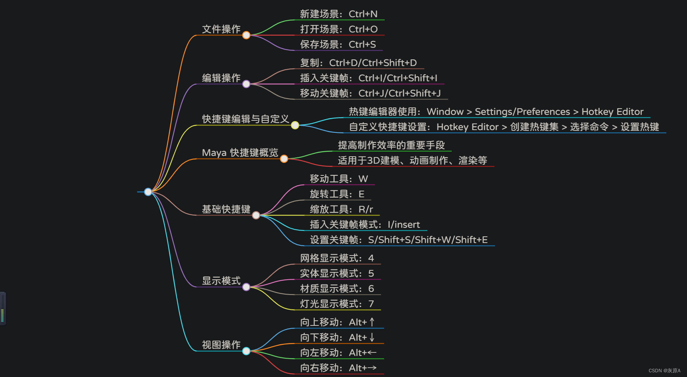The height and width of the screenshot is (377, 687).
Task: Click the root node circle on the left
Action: click(148, 192)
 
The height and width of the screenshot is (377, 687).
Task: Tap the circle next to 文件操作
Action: click(246, 35)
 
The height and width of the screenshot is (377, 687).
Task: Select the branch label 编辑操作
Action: click(221, 78)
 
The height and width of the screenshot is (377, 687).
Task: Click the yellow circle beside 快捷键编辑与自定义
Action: click(295, 125)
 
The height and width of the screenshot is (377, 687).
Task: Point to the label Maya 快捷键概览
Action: click(240, 152)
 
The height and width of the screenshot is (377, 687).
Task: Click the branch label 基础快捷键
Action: click(226, 209)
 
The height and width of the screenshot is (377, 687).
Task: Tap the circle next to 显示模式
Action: click(246, 287)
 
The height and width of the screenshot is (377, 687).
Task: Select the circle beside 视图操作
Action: click(246, 351)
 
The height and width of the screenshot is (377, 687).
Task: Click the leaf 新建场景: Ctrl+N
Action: click(339, 14)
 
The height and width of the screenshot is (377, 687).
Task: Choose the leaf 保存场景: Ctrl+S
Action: click(338, 45)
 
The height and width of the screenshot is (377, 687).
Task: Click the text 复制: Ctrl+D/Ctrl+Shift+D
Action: click(358, 63)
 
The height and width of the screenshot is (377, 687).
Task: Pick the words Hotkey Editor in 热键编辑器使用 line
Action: click(612, 112)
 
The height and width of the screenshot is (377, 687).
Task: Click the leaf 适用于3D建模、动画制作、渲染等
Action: click(412, 161)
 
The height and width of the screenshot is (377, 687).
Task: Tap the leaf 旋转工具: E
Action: click(337, 194)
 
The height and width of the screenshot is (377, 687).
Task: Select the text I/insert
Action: click(404, 225)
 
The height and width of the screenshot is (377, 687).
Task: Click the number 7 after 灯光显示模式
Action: click(371, 304)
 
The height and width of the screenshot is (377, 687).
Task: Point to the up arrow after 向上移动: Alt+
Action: click(372, 322)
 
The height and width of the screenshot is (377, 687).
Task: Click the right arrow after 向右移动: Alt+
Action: click(372, 368)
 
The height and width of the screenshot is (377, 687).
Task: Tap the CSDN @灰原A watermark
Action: click(664, 371)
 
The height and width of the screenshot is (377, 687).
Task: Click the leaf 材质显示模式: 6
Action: click(337, 289)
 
